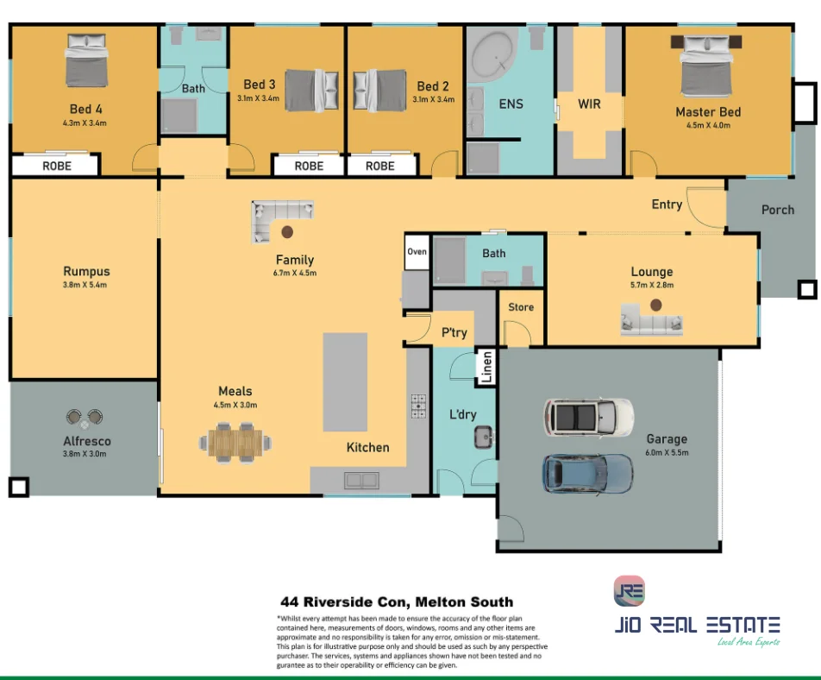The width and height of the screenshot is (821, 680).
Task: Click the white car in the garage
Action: point(588,417)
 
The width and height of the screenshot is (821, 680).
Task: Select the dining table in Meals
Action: point(235,442)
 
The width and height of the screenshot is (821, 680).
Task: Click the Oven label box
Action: point(417,252)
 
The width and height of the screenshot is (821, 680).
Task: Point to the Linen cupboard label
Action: point(486,367)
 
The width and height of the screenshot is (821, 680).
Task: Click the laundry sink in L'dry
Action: point(483,437)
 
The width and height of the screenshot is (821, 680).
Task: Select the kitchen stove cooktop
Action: point(418,406)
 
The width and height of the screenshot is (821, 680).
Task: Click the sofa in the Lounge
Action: point(652,323)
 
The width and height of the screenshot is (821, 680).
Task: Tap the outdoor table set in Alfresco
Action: point(84,419)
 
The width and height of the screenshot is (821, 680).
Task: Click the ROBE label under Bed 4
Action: point(57,166)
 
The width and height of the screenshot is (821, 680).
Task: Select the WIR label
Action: point(589,104)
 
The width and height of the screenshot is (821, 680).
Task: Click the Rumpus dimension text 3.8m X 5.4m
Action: point(86,285)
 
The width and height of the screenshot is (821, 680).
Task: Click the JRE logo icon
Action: point(629,591)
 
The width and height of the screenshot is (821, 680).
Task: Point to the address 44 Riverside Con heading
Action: point(397,602)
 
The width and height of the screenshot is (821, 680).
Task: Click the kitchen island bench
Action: point(345,381)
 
